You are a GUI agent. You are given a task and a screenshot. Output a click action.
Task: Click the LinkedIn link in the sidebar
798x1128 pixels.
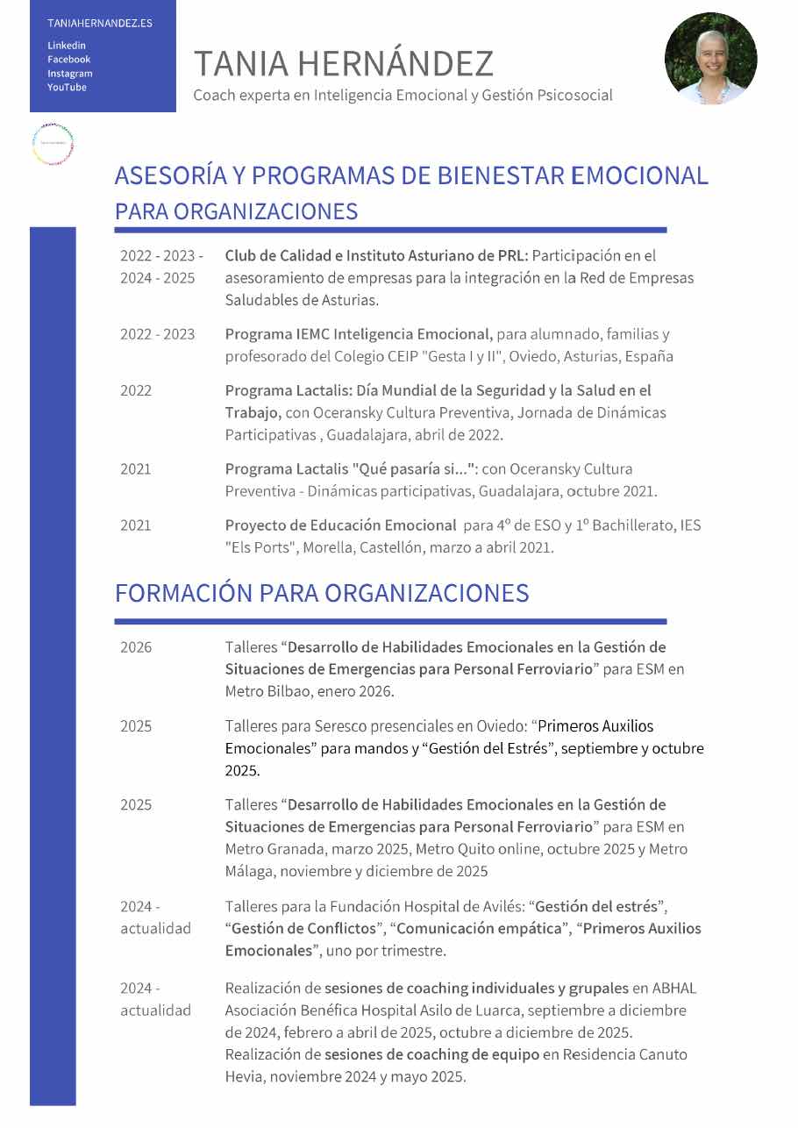67,46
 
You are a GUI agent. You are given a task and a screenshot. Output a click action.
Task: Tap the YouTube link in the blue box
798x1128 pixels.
67,88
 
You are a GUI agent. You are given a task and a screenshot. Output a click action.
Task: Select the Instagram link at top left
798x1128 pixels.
69,74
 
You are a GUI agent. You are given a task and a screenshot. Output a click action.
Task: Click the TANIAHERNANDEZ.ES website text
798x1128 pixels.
100,23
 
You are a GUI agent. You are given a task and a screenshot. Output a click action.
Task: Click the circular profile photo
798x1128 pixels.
710,59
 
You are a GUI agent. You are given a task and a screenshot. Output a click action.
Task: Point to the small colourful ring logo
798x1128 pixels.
53,145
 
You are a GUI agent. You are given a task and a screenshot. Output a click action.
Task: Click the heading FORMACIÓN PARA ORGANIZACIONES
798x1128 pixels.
322,593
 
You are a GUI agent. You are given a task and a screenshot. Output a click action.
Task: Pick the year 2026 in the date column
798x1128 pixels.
136,647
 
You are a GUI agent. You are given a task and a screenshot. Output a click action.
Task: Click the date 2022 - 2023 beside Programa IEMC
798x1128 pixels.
158,334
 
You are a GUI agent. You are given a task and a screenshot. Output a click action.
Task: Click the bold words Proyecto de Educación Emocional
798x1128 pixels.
340,525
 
